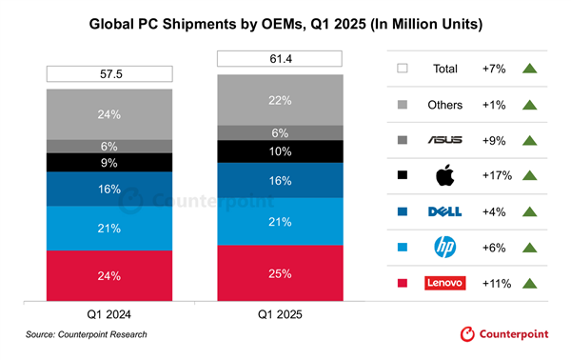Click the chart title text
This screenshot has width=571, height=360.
pyautogui.click(x=285, y=20)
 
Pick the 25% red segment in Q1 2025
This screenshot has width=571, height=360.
pyautogui.click(x=280, y=274)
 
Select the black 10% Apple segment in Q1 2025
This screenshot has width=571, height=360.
pyautogui.click(x=280, y=151)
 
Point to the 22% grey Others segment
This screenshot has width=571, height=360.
pyautogui.click(x=280, y=100)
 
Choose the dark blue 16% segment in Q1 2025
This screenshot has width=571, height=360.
pyautogui.click(x=280, y=180)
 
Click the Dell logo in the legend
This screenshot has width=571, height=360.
pyautogui.click(x=445, y=210)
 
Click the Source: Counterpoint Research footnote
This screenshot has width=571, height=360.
pyautogui.click(x=87, y=335)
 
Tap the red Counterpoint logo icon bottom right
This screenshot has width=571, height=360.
pyautogui.click(x=466, y=334)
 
